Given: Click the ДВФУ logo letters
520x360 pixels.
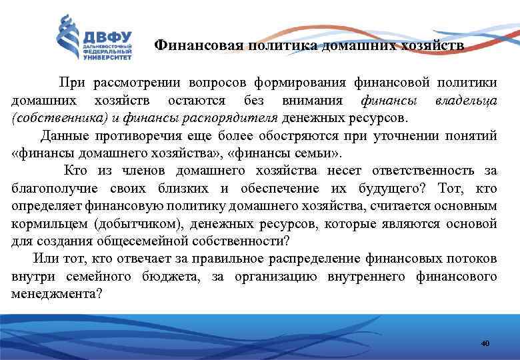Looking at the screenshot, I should coord(107,37).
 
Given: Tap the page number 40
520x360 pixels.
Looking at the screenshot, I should coord(485,343).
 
